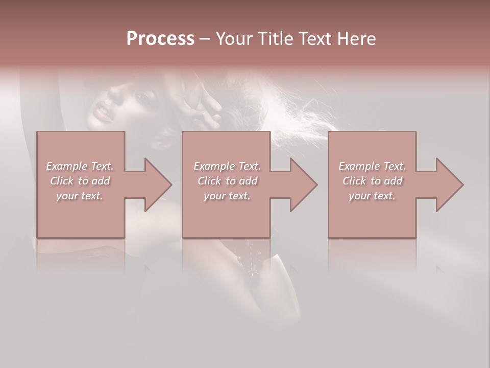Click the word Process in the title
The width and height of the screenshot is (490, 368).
pyautogui.click(x=160, y=39)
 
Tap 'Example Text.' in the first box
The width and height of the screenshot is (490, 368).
pyautogui.click(x=80, y=166)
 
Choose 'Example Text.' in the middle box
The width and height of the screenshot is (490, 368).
pyautogui.click(x=227, y=166)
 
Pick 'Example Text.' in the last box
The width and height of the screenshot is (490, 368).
pyautogui.click(x=372, y=166)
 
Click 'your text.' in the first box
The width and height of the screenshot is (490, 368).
pyautogui.click(x=80, y=196)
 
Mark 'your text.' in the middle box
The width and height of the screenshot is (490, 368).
pyautogui.click(x=227, y=196)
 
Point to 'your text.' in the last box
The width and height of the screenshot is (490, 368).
pyautogui.click(x=372, y=196)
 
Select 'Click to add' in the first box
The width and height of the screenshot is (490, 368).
pyautogui.click(x=80, y=181)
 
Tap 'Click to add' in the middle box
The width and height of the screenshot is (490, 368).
pyautogui.click(x=227, y=181)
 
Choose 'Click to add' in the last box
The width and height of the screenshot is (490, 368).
pyautogui.click(x=372, y=181)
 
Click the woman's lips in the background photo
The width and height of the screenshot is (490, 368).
pyautogui.click(x=104, y=111)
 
